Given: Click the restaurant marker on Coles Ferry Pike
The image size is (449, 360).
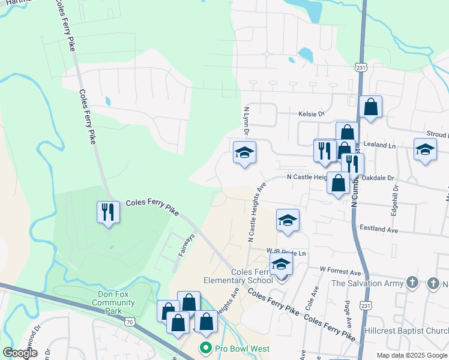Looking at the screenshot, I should (x=107, y=212).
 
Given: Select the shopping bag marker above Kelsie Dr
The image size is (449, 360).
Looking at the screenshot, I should (x=371, y=107).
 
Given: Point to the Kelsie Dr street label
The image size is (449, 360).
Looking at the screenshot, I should (x=311, y=113).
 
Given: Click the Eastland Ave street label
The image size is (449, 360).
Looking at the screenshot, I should (x=378, y=229).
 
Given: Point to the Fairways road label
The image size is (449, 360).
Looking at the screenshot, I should (x=186, y=245).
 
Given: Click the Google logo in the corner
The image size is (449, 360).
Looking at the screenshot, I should (x=20, y=352).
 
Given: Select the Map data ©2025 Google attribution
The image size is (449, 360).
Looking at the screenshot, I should (x=411, y=355).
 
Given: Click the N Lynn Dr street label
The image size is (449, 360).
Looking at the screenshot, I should (x=246, y=120).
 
